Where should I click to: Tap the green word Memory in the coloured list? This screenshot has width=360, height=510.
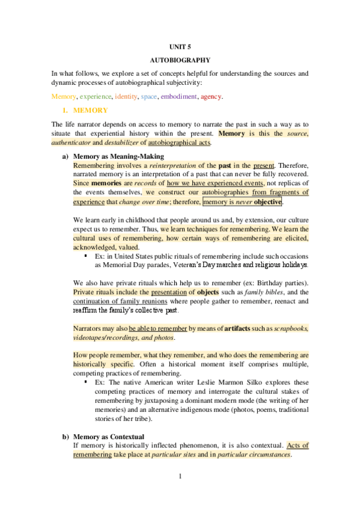(64, 96)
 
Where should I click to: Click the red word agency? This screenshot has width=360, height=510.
(211, 96)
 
